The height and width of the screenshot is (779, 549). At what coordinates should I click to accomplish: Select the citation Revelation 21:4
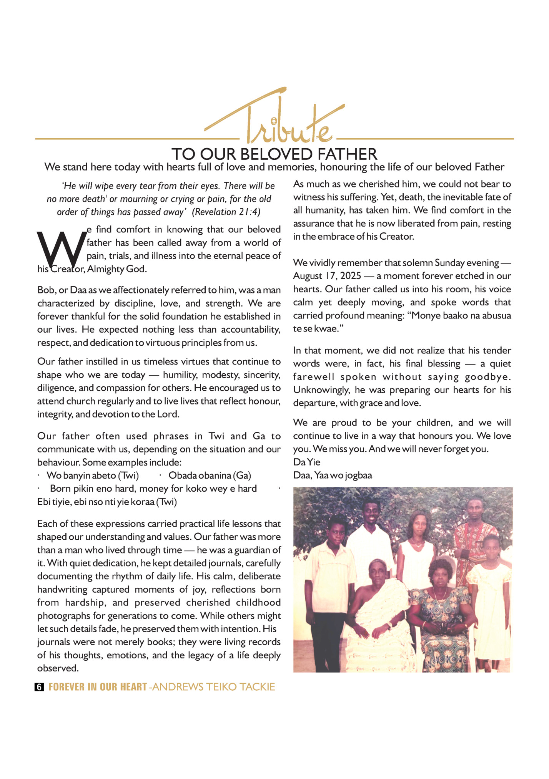(226, 212)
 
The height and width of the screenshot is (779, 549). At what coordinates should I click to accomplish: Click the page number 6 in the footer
(39, 687)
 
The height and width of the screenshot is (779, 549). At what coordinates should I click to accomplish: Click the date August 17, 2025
(327, 276)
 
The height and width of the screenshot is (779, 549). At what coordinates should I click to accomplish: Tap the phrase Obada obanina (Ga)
(210, 476)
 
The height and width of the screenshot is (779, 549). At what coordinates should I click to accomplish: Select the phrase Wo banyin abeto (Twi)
(92, 476)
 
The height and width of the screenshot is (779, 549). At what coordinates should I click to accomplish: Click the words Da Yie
(306, 462)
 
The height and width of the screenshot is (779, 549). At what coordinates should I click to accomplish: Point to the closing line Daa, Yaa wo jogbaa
(333, 476)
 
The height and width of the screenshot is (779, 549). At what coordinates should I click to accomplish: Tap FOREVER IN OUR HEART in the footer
(98, 687)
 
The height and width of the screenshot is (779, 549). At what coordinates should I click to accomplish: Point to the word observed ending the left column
(58, 668)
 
